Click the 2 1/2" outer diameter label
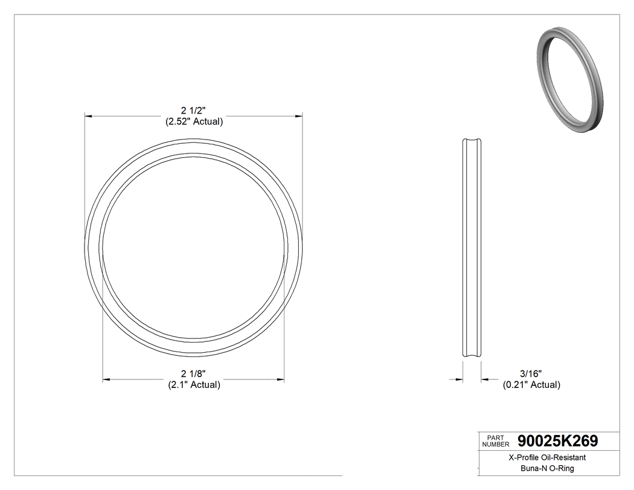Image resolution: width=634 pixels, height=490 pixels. tap(194, 111)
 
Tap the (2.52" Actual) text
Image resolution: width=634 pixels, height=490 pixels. tap(194, 121)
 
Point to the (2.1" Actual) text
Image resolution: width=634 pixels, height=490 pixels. tap(194, 385)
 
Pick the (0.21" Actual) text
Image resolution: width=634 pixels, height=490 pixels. tap(531, 385)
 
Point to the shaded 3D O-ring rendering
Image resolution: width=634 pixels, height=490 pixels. tap(568, 79)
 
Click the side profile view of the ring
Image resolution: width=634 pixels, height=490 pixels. tap(472, 248)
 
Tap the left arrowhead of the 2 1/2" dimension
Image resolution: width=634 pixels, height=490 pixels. tap(88, 115)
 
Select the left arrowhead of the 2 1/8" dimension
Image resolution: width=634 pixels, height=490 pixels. tap(106, 379)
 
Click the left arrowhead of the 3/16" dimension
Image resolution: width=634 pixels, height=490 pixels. tap(459, 379)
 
